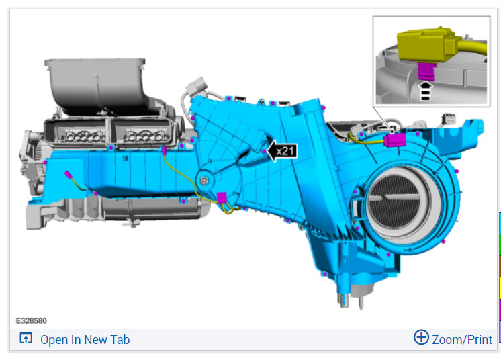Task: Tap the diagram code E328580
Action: click(x=32, y=321)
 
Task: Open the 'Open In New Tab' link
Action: click(x=85, y=340)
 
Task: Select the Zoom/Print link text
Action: click(x=462, y=340)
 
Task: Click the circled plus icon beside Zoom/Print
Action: click(x=421, y=337)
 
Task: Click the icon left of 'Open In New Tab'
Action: click(x=26, y=338)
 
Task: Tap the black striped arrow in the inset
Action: click(x=426, y=91)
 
